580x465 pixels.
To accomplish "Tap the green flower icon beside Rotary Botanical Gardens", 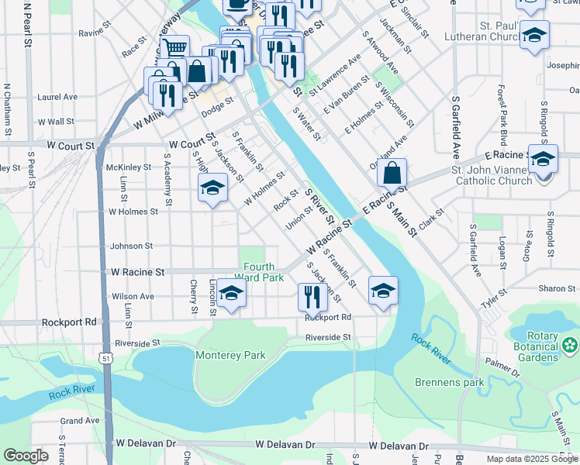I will [571, 345].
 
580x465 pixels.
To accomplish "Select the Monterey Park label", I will [230, 356].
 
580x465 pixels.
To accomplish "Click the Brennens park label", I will [449, 382].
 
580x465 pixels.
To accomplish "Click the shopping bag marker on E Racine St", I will [393, 173].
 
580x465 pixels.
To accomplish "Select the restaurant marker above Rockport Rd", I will [309, 296].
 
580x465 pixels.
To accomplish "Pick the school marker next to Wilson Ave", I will [231, 294].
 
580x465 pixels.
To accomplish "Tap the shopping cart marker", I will [175, 49].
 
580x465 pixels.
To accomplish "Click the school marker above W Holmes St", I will [212, 188].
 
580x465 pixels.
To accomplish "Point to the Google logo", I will [26, 456].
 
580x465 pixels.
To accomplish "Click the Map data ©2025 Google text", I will [531, 459].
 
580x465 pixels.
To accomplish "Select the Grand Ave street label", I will [80, 421].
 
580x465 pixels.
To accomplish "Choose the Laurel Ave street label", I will [57, 97].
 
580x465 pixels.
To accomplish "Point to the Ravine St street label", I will [91, 33].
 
